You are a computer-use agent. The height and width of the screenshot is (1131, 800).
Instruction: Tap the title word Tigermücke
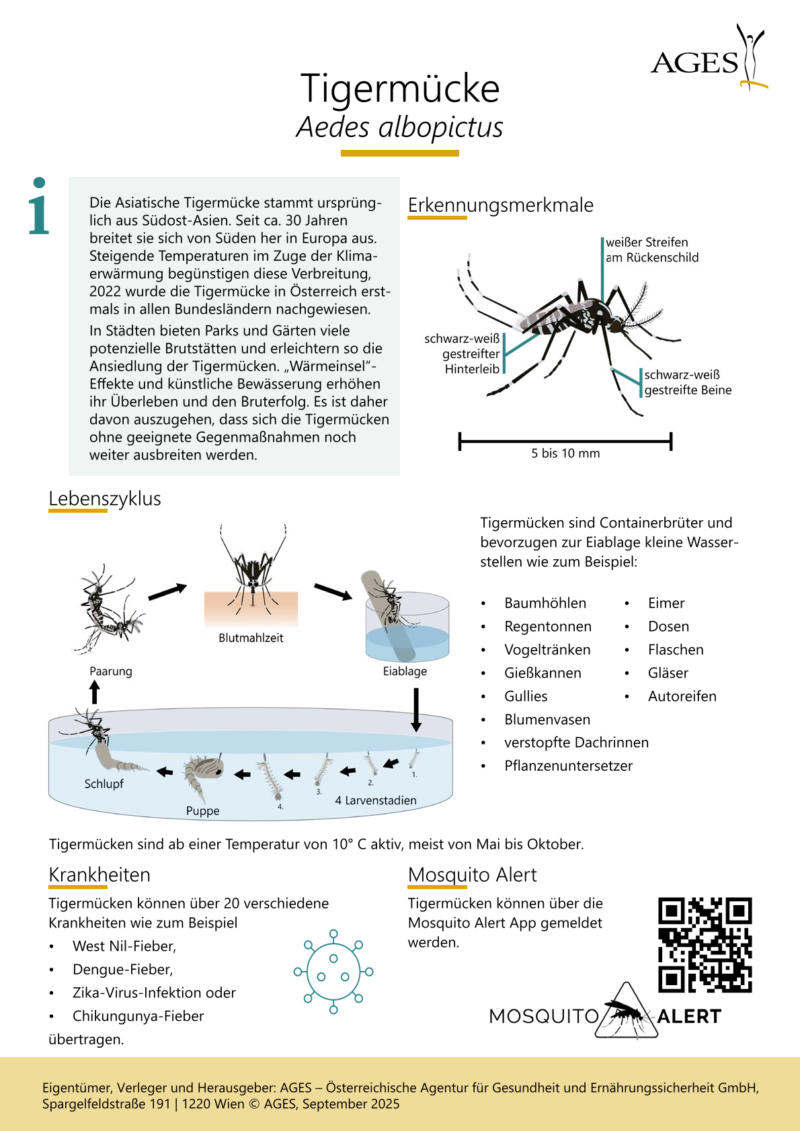click(400, 88)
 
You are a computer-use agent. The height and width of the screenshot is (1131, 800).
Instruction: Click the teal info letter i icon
click(39, 207)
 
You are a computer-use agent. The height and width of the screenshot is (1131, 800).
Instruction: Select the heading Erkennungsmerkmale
click(500, 205)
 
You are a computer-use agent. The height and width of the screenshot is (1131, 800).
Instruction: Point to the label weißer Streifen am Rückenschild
click(651, 250)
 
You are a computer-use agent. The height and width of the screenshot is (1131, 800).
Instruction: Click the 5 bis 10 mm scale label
click(565, 454)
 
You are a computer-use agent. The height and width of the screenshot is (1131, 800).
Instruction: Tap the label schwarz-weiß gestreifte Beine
click(687, 382)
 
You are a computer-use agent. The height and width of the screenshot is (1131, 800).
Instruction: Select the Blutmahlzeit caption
click(251, 638)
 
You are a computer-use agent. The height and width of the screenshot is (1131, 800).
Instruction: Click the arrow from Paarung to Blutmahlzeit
click(167, 592)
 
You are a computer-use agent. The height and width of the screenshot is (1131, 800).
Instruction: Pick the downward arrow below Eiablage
click(416, 710)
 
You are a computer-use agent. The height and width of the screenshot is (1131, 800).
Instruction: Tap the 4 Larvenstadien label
click(375, 800)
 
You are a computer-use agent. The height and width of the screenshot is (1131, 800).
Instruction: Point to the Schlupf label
click(104, 784)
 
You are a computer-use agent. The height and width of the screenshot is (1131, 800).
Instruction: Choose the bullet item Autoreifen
click(682, 696)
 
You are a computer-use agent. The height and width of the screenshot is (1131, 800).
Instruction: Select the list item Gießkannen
click(543, 673)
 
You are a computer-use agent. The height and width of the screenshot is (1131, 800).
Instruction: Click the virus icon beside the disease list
click(333, 972)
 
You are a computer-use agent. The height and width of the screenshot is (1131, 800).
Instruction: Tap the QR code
click(705, 945)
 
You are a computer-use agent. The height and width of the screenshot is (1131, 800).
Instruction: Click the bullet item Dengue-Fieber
click(122, 969)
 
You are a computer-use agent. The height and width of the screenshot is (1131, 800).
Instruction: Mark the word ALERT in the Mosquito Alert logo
click(689, 1016)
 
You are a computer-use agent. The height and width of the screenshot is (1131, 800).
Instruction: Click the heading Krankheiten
click(99, 875)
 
